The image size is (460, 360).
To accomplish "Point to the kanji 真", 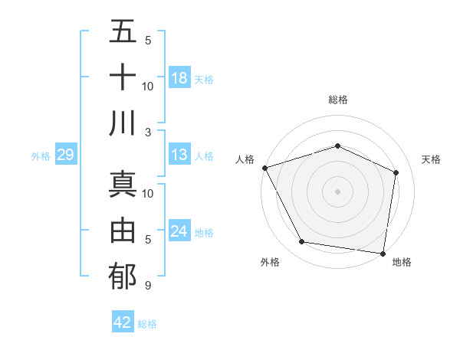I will (x=123, y=184).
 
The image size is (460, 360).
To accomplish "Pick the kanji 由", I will (x=123, y=230).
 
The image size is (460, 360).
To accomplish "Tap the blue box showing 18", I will (x=179, y=77).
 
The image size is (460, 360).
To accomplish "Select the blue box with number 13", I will (x=179, y=155).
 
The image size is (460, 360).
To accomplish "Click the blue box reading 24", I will (x=179, y=231).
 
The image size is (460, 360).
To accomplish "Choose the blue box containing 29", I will (x=65, y=155).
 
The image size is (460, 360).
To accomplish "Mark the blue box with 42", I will (x=123, y=322).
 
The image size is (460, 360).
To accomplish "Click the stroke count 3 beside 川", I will (x=148, y=131).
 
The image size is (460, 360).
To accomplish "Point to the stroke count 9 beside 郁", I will (x=147, y=286).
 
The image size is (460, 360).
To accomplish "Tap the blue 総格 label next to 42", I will (x=147, y=324).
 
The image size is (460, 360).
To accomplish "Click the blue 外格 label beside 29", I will (x=41, y=156).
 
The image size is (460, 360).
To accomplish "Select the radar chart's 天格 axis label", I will (x=431, y=159).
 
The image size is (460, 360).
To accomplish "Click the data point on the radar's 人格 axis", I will (x=264, y=167).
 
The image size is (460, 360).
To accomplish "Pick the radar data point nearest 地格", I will (x=383, y=253).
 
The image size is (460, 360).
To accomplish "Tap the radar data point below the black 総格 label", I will (x=337, y=146).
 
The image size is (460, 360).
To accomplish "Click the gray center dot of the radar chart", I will (x=337, y=191).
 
